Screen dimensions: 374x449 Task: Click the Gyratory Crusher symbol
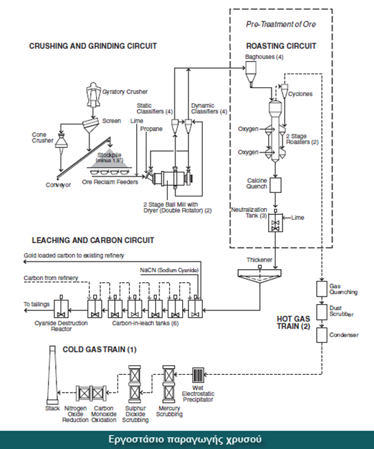pyautogui.click(x=93, y=95)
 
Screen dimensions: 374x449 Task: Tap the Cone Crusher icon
pyautogui.click(x=60, y=141)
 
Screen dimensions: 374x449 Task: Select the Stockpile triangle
pyautogui.click(x=109, y=159)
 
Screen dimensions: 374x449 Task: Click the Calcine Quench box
pyautogui.click(x=275, y=185)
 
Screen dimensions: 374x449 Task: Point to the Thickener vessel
pyautogui.click(x=260, y=276)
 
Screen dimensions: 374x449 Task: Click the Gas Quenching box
pyautogui.click(x=322, y=289)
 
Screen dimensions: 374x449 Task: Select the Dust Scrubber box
pyautogui.click(x=322, y=312)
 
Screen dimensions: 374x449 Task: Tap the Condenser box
pyautogui.click(x=322, y=335)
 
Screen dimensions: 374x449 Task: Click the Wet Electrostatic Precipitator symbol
pyautogui.click(x=198, y=375)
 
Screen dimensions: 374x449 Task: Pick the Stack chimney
pyautogui.click(x=52, y=375)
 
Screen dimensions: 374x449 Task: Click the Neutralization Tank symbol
pyautogui.click(x=275, y=222)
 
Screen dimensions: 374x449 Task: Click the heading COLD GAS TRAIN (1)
pyautogui.click(x=100, y=349)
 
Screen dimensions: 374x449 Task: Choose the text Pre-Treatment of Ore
pyautogui.click(x=280, y=24)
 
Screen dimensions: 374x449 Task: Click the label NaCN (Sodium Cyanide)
pyautogui.click(x=169, y=270)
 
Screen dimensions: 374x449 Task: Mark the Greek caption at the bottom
pyautogui.click(x=185, y=439)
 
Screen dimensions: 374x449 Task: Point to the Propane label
pyautogui.click(x=151, y=129)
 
